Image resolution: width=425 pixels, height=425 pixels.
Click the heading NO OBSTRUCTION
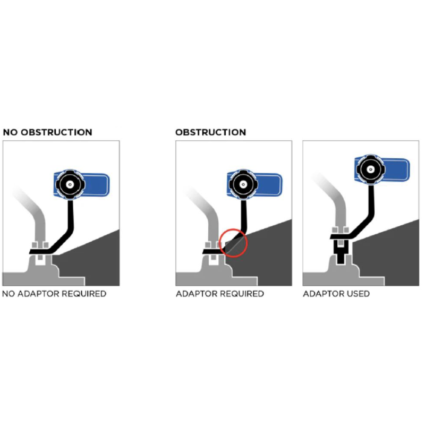pyautogui.click(x=47, y=132)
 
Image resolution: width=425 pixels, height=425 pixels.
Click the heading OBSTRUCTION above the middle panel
pyautogui.click(x=210, y=132)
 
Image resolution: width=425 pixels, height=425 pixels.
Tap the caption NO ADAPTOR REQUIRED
pyautogui.click(x=54, y=294)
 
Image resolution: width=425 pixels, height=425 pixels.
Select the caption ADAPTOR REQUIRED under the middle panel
pyautogui.click(x=219, y=294)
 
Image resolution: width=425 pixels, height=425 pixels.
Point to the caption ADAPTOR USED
pyautogui.click(x=336, y=294)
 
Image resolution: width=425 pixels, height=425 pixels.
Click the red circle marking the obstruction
pyautogui.click(x=233, y=242)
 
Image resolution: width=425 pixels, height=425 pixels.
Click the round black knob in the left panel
pyautogui.click(x=69, y=184)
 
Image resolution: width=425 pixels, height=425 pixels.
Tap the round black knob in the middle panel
pyautogui.click(x=243, y=184)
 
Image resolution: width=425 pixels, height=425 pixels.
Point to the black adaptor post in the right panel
pyautogui.click(x=342, y=252)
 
